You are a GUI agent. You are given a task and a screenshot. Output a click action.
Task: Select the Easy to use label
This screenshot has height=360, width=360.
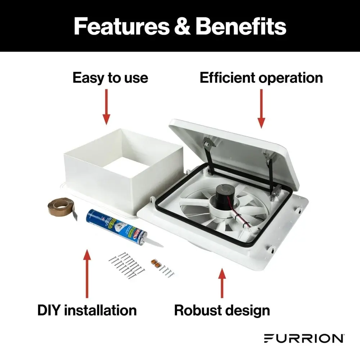point(110,78)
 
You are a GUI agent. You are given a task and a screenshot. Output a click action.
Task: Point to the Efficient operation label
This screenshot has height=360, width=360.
point(261,78)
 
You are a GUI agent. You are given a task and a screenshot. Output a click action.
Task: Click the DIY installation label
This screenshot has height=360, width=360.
point(87,310)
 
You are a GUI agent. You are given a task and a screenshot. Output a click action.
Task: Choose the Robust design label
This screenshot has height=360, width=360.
point(222,310)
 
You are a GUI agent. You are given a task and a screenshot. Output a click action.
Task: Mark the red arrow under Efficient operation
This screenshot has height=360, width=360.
point(261,108)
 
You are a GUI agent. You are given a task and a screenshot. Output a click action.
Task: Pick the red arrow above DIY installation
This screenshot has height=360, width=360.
point(87,275)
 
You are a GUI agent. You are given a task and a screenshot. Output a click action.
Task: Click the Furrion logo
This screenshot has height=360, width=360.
point(303,338)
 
